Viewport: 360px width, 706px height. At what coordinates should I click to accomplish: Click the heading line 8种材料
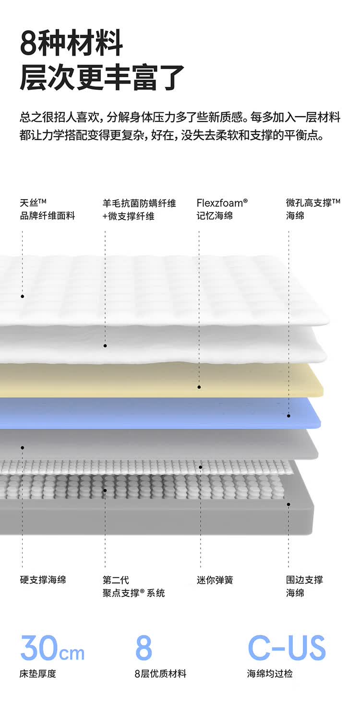point(72,43)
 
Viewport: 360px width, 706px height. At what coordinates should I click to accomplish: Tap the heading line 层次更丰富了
point(102,77)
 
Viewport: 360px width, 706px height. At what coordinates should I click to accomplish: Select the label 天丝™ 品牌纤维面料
point(48,209)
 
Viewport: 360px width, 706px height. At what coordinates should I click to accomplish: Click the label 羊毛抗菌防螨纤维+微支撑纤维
point(139,209)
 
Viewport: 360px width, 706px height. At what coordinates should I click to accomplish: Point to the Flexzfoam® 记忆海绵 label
point(222,209)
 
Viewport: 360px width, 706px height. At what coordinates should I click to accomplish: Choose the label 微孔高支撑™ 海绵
point(313,209)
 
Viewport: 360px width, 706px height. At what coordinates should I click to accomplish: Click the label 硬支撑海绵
point(43,580)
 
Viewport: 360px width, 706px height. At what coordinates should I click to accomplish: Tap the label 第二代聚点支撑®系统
point(133,586)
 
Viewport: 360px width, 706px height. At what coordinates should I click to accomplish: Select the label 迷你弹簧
point(215,580)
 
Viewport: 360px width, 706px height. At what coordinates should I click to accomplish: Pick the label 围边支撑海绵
point(304,586)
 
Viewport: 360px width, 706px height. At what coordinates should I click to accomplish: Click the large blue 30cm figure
point(52,648)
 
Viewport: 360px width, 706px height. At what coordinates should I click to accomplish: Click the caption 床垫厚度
point(38,674)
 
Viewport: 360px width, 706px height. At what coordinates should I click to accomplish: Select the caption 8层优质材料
point(160,674)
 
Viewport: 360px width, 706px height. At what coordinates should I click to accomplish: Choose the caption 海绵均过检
point(270,674)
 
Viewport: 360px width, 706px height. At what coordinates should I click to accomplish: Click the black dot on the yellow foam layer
point(199,387)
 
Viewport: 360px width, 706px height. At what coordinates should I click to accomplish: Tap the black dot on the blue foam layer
point(288,416)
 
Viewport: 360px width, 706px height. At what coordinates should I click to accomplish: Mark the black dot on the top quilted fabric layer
point(22,297)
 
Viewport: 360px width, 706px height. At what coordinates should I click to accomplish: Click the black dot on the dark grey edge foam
point(288,504)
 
